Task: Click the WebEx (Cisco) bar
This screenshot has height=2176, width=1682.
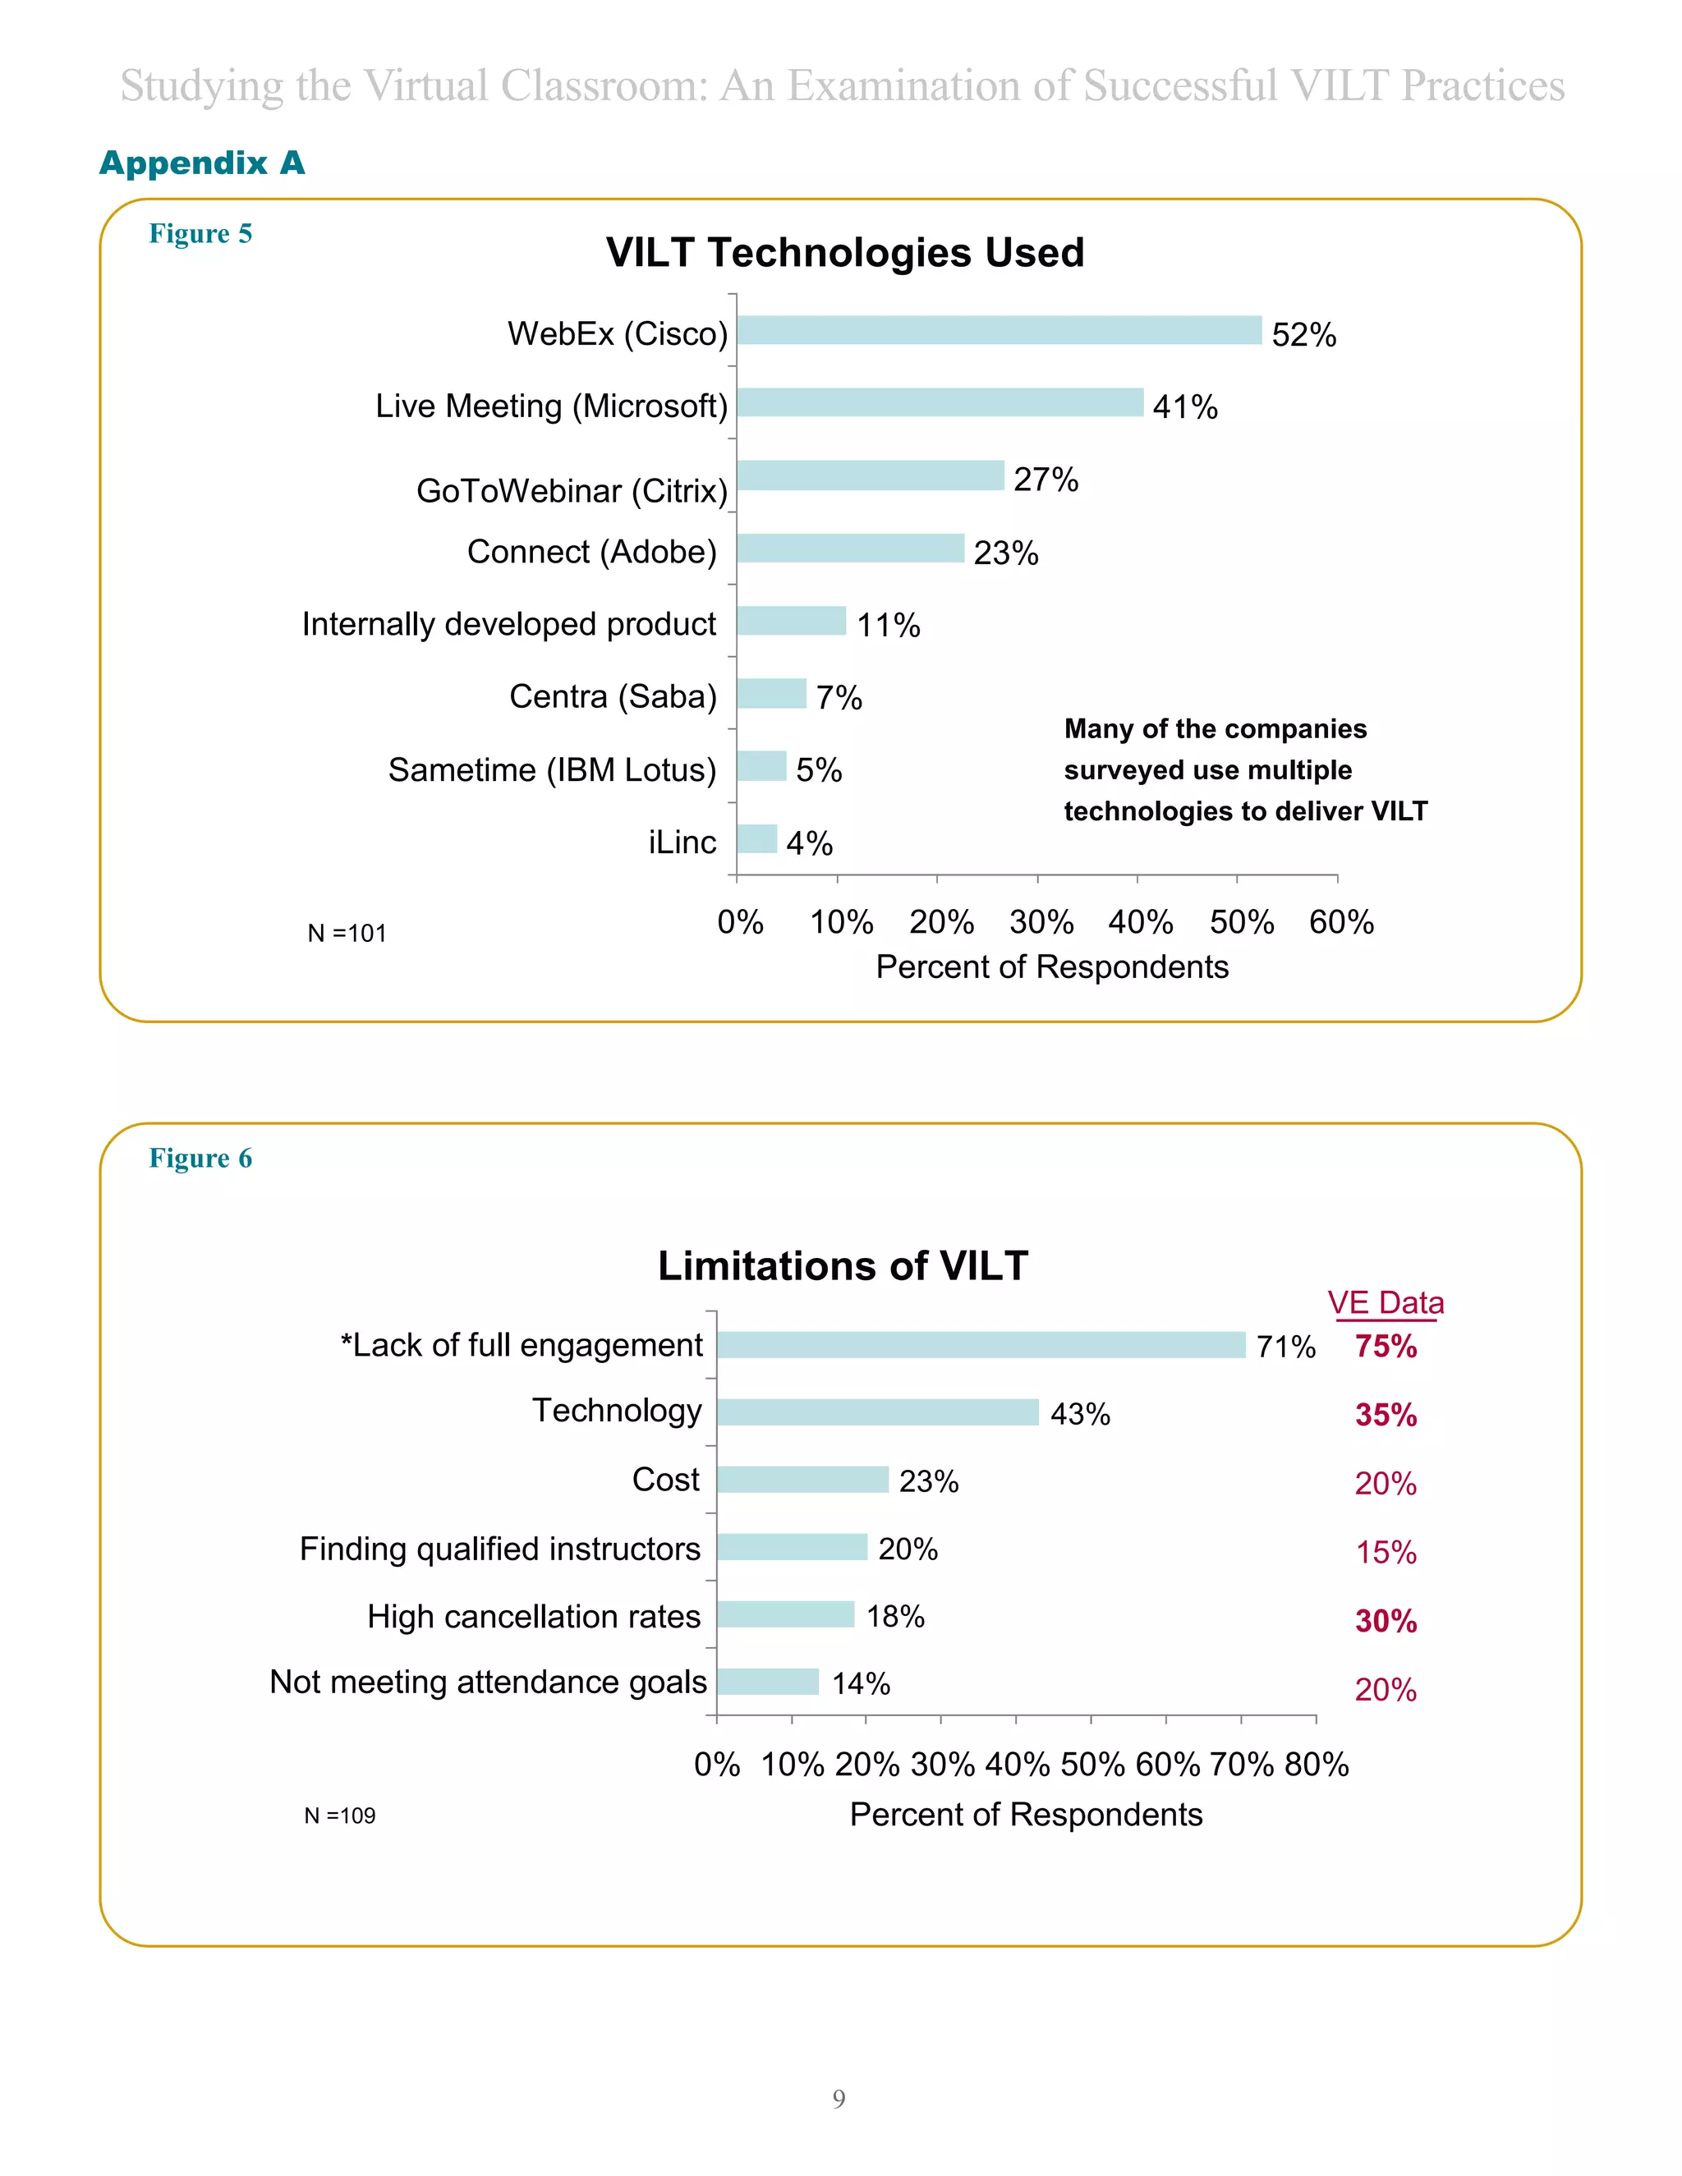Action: pos(999,331)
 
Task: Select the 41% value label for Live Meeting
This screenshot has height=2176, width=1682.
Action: pos(1185,406)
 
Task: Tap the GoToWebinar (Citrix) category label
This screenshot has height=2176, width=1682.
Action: pos(572,491)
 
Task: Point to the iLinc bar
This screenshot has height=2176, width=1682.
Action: pos(756,839)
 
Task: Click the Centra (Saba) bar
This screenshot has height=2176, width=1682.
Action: pos(771,694)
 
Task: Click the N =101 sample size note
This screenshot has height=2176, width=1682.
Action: pos(346,934)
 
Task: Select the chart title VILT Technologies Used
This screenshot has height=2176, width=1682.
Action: pos(844,252)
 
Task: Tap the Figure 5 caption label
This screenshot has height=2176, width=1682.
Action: pos(200,233)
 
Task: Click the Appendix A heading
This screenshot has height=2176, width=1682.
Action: pos(201,163)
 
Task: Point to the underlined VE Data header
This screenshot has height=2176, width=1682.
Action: pos(1385,1303)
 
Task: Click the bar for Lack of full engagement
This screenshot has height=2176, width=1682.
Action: pos(981,1345)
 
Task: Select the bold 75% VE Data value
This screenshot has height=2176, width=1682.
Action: pos(1385,1347)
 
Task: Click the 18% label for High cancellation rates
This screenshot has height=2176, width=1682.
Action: pos(895,1616)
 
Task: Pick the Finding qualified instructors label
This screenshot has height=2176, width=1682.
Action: pos(500,1549)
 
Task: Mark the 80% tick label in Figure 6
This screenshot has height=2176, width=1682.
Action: pos(1317,1765)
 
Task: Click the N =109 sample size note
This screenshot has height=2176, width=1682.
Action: pos(340,1816)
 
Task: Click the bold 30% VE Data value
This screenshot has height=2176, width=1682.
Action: pos(1385,1621)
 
